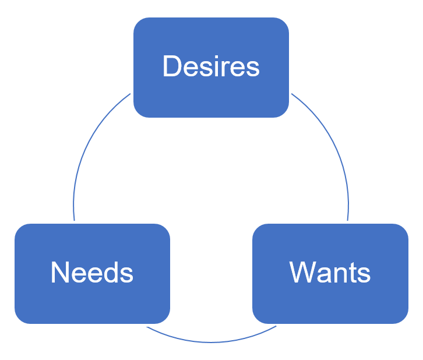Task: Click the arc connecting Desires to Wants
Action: [x=332, y=146]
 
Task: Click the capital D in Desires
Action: [x=171, y=66]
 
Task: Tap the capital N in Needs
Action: [x=60, y=273]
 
